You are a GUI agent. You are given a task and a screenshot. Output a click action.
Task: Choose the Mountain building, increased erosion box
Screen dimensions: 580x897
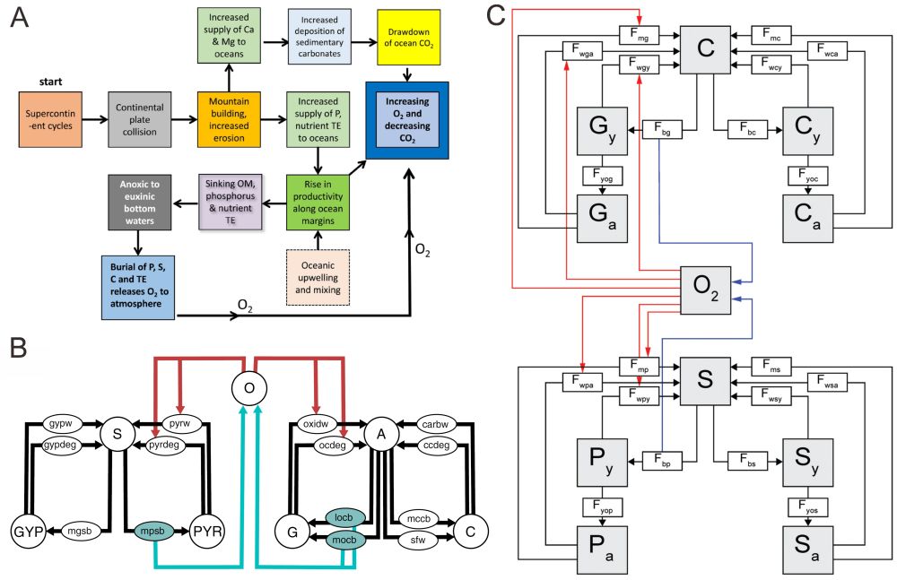click(x=230, y=118)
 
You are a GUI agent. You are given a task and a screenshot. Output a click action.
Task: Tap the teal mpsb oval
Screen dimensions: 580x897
click(x=150, y=531)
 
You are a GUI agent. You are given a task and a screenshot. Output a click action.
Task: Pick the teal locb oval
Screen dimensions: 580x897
click(x=344, y=517)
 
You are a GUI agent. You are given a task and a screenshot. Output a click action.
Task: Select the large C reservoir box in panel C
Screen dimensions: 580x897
click(x=707, y=49)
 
